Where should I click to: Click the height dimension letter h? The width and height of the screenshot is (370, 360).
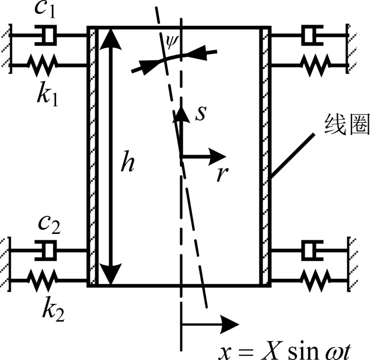(x=127, y=164)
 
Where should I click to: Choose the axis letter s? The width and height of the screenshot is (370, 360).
(x=200, y=114)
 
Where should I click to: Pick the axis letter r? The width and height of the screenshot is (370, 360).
(x=221, y=174)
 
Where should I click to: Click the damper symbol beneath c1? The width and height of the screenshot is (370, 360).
(x=49, y=36)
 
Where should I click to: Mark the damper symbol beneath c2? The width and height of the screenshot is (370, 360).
(x=49, y=250)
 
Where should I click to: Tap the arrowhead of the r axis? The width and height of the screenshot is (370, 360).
(x=219, y=156)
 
